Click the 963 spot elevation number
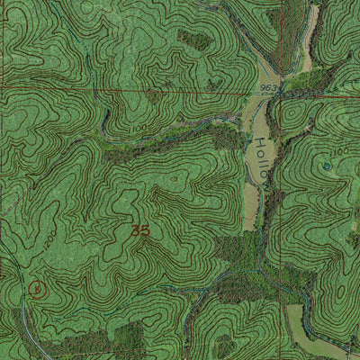pyautogui.click(x=267, y=87)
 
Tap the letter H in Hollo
pyautogui.click(x=261, y=143)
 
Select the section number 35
pyautogui.click(x=139, y=230)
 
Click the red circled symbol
pyautogui.click(x=36, y=289)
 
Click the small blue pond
pyautogui.click(x=326, y=166)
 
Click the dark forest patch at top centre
pyautogui.click(x=193, y=40)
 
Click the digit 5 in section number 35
pyautogui.click(x=144, y=230)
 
